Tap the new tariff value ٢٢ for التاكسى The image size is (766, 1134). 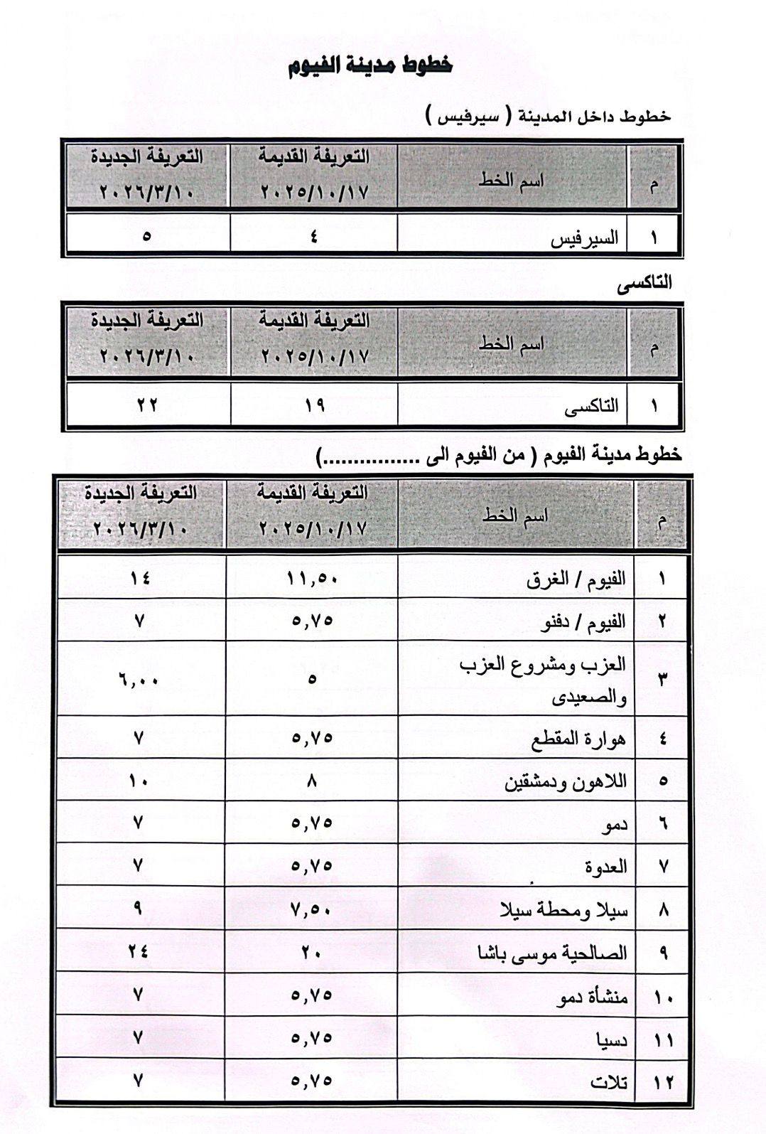tap(147, 405)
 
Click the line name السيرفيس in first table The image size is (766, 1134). tap(585, 238)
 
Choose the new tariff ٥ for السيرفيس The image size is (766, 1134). tap(146, 235)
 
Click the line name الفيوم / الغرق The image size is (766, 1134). tap(576, 578)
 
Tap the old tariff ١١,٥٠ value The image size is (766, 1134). tap(313, 578)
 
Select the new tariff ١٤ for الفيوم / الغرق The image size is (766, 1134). tap(140, 578)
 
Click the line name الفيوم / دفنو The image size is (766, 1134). tap(582, 621)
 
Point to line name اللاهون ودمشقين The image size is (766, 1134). tap(566, 781)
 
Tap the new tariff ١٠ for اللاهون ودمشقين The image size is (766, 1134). tap(139, 781)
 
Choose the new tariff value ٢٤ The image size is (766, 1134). tap(139, 951)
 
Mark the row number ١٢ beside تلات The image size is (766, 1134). tap(663, 1083)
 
